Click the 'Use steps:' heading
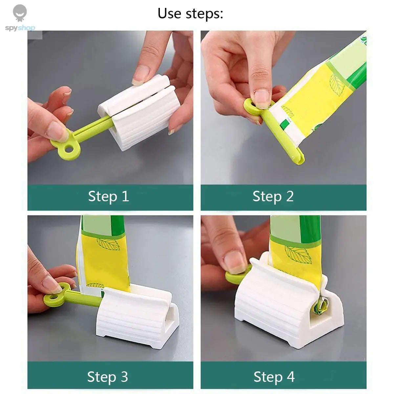coord(190,14)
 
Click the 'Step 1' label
coord(108,197)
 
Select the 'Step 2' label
coord(273,197)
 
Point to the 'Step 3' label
coord(107,377)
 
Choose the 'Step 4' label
coord(274,377)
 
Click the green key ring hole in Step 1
coord(69,149)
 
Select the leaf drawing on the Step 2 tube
coord(337,84)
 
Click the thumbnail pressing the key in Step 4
coord(234,262)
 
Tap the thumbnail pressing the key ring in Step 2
coord(262,98)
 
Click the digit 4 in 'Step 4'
coord(291,377)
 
